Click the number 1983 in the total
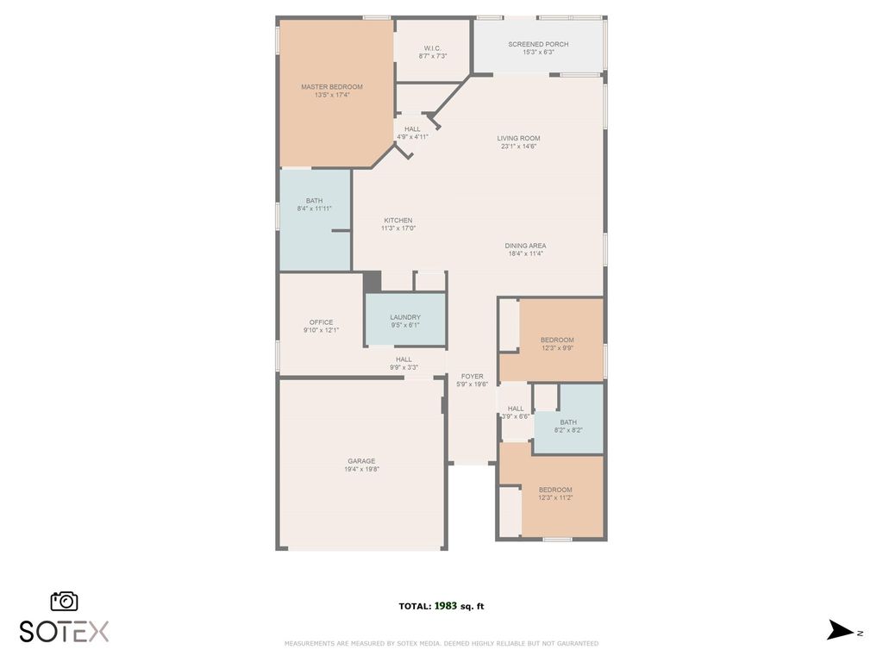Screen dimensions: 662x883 coord(446,606)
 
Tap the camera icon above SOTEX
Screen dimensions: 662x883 coord(64,601)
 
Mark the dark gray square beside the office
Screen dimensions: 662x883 coord(372,282)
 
